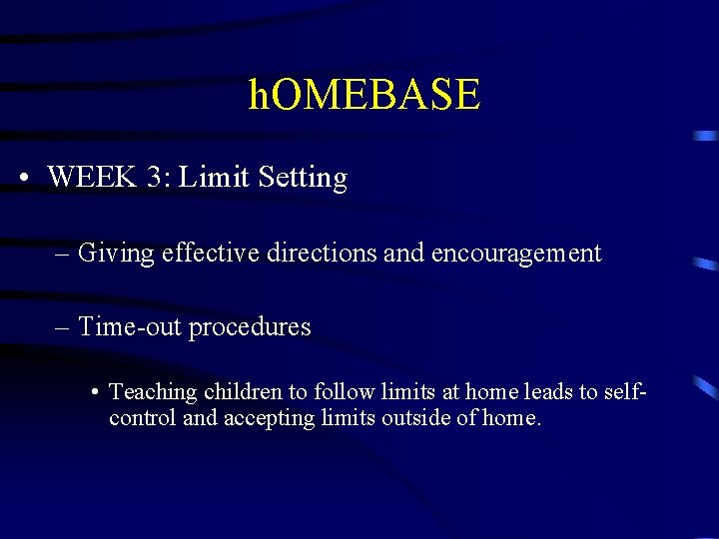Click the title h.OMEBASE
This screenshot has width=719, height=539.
click(364, 95)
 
